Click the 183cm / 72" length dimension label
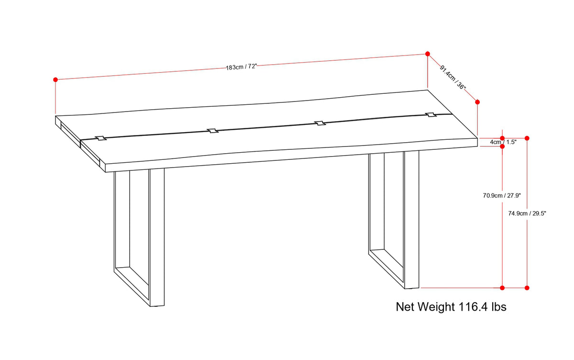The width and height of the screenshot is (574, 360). tap(241, 67)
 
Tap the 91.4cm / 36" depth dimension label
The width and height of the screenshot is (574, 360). tap(453, 78)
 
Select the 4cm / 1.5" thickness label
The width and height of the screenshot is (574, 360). tap(503, 142)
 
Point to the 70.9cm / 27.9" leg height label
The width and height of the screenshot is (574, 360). tap(502, 196)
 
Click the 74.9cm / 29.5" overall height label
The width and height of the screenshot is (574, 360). tap(527, 214)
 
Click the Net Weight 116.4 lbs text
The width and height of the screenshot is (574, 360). tap(451, 307)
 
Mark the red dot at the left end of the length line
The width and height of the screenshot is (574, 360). tap(55, 80)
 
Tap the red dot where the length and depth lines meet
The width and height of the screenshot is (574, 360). tap(428, 54)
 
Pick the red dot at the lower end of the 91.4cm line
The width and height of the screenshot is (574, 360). tap(477, 102)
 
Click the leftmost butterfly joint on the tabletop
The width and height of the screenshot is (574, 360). tap(101, 138)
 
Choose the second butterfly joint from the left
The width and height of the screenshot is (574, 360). tap(212, 131)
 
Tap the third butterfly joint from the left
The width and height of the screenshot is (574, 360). tap(320, 123)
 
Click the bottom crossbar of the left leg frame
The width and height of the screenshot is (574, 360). tap(132, 287)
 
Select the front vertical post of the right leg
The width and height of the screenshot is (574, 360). tap(411, 219)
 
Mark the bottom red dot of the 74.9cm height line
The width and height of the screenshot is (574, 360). tap(527, 288)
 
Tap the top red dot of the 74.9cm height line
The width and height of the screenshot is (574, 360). tap(527, 138)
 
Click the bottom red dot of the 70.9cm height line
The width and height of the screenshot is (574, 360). tap(502, 288)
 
